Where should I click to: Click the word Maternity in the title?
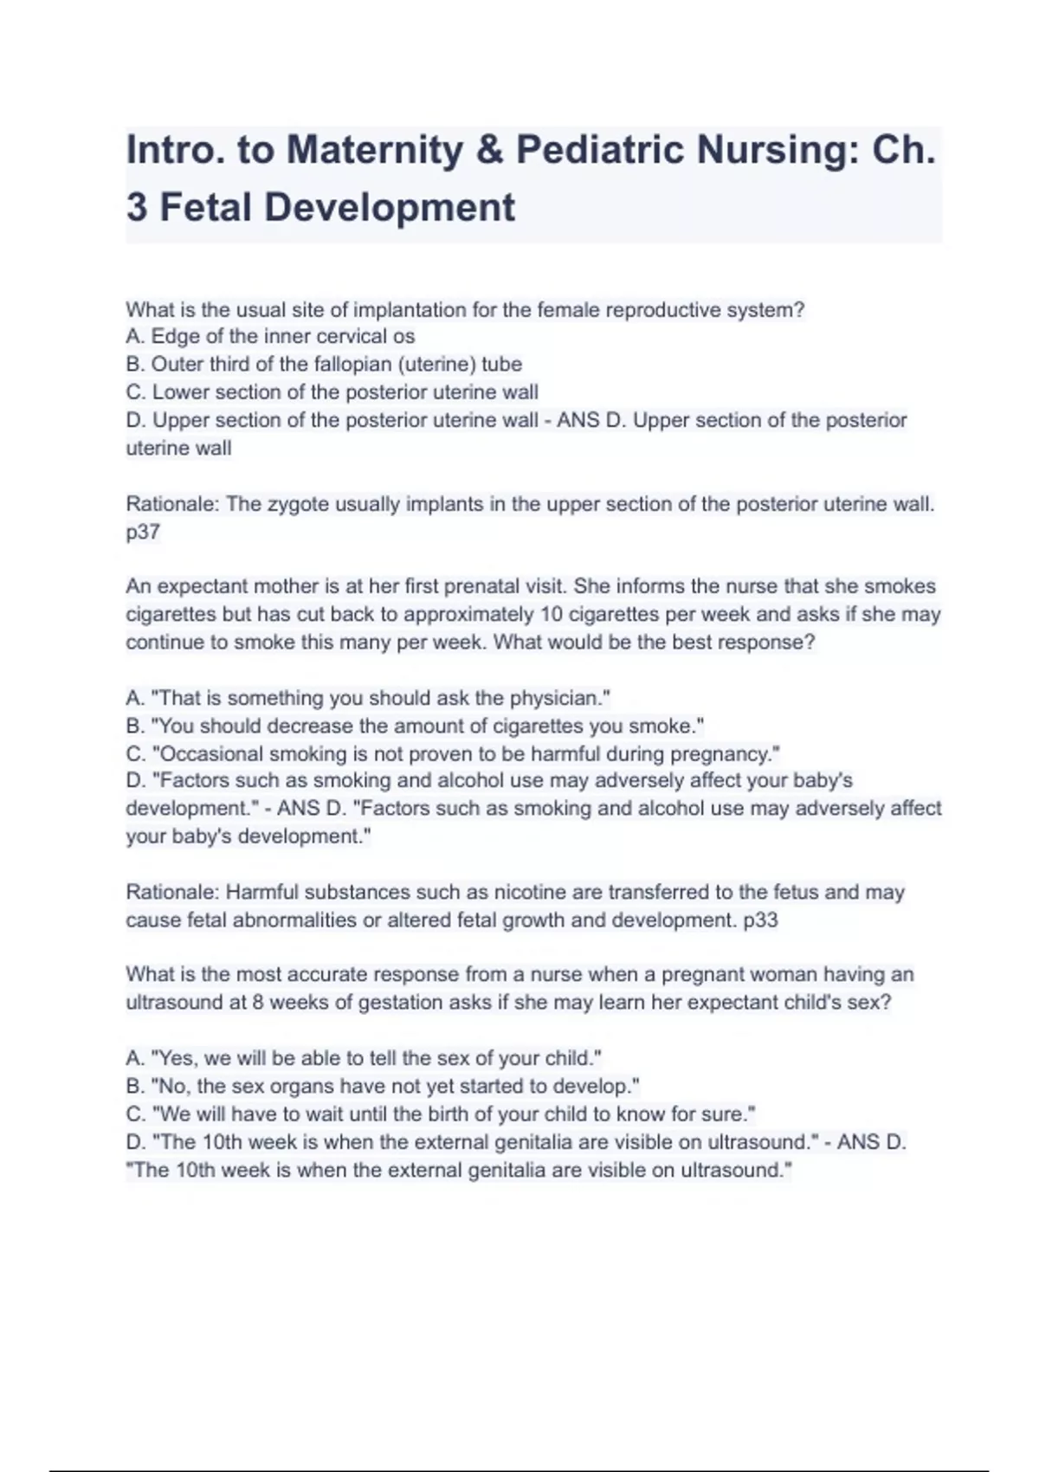click(375, 150)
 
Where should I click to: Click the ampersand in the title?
click(490, 150)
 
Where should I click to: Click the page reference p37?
click(143, 532)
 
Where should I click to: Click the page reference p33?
click(761, 920)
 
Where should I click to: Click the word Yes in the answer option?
click(177, 1058)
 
